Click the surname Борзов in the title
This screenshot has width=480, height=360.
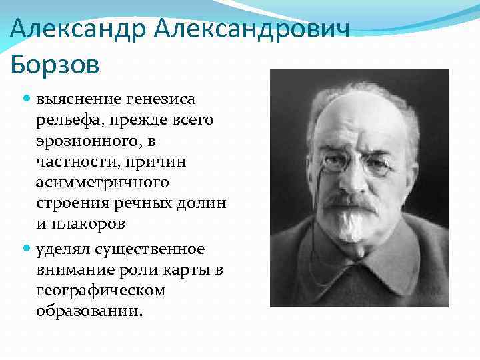click(x=55, y=65)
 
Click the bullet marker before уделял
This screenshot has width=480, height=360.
click(x=27, y=249)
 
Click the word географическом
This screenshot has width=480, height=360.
click(x=101, y=291)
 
